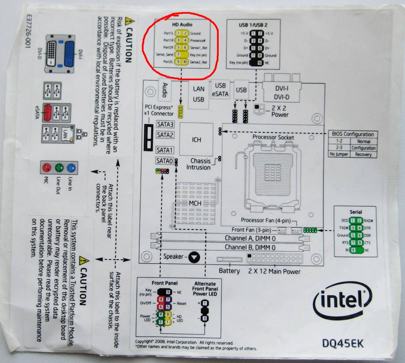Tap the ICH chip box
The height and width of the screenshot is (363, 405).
coord(197,140)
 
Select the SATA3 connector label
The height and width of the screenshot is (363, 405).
coord(165,125)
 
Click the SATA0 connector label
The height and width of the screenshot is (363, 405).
coord(164,161)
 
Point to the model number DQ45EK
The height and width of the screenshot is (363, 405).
coord(343,344)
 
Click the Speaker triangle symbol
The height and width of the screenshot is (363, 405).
coord(195,256)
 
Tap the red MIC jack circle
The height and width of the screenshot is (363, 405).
coord(47,167)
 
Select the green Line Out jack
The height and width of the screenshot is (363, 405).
coord(59,167)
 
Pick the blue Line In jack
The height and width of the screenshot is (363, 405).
coord(72,167)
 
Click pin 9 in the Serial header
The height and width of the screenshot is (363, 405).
coord(354,250)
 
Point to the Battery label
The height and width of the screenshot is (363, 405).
coord(229,271)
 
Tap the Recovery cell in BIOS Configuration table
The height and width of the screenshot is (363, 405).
coord(363,154)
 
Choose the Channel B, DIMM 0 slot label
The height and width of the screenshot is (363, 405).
coord(250,247)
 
